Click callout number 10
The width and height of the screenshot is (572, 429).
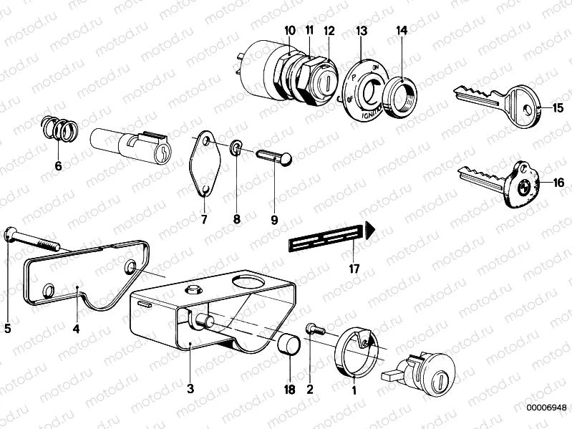tap(289, 31)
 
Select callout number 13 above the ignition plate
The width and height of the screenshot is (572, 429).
tap(361, 31)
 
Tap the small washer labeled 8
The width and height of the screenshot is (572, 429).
tap(236, 149)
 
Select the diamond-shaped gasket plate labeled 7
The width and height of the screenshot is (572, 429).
tap(204, 165)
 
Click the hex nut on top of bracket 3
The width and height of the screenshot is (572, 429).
tap(192, 290)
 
